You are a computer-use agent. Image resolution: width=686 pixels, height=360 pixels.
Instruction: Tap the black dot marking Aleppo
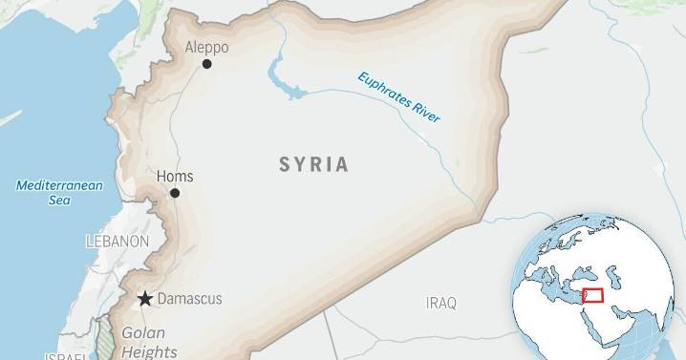tap(206, 65)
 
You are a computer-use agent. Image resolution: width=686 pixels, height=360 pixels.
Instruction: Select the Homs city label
tap(175, 176)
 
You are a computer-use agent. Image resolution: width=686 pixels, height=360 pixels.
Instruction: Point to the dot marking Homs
tap(175, 193)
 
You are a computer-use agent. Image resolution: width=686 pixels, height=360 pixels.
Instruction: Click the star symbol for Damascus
tap(144, 299)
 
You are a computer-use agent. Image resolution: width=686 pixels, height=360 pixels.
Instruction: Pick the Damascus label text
tap(189, 299)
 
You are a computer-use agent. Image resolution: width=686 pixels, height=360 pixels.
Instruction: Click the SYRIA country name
tap(313, 164)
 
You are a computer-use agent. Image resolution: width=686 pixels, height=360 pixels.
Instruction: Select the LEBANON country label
tap(117, 242)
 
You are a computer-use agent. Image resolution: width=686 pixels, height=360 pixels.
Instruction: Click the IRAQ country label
tap(441, 303)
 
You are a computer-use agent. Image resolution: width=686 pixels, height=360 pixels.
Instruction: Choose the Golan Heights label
tap(142, 342)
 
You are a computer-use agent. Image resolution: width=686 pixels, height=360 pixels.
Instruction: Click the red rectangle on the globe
tap(592, 296)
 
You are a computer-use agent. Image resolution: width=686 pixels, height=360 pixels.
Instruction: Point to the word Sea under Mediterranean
tap(59, 201)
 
